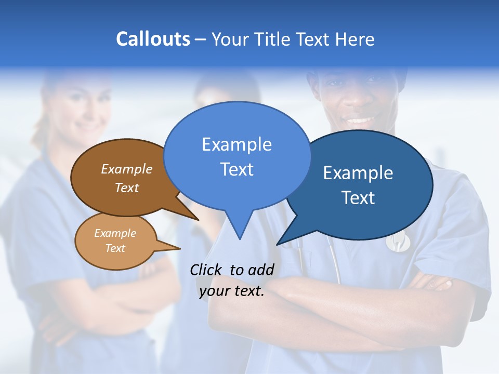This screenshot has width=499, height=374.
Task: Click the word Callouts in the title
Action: (x=153, y=39)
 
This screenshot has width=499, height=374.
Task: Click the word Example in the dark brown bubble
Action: (x=126, y=169)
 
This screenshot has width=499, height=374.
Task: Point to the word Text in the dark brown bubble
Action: (x=126, y=188)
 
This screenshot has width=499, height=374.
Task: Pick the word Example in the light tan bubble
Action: (x=115, y=233)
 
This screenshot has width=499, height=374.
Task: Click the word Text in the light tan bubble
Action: (x=115, y=248)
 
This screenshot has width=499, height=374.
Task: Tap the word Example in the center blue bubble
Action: (x=237, y=144)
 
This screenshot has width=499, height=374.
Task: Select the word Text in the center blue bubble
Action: (x=237, y=169)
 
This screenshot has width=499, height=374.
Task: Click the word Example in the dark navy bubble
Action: (x=358, y=173)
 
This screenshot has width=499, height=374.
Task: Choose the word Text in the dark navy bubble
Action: (x=358, y=198)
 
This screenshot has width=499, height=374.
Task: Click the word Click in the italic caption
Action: (x=207, y=270)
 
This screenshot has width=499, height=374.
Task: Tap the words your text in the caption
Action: (x=232, y=291)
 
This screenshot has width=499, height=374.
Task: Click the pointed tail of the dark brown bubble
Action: (x=198, y=219)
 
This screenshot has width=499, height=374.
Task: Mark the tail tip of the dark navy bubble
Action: (x=278, y=244)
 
